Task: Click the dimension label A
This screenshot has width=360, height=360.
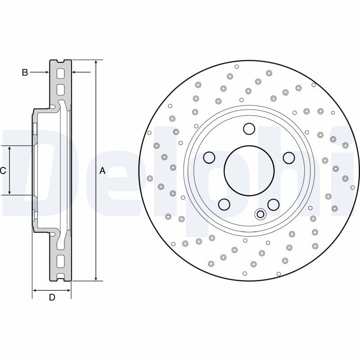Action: [x=102, y=171]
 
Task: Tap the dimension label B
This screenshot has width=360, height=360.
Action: [x=25, y=72]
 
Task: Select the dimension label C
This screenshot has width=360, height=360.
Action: [x=3, y=171]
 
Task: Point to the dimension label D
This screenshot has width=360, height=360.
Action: [x=52, y=297]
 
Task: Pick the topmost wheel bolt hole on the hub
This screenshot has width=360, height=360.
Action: [x=249, y=129]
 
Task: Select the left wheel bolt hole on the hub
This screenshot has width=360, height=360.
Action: [x=209, y=157]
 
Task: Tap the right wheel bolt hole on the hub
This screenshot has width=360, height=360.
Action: [x=288, y=157]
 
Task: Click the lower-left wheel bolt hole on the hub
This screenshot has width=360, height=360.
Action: [x=224, y=205]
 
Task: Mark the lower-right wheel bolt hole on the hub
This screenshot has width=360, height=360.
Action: [x=273, y=205]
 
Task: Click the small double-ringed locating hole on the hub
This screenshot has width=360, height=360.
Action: [x=260, y=214]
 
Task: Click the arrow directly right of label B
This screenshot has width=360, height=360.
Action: [x=45, y=72]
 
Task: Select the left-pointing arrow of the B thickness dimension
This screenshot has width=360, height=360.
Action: [x=75, y=72]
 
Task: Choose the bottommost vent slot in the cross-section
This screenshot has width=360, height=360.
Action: [x=61, y=271]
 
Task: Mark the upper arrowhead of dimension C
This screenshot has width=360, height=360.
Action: [x=9, y=149]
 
